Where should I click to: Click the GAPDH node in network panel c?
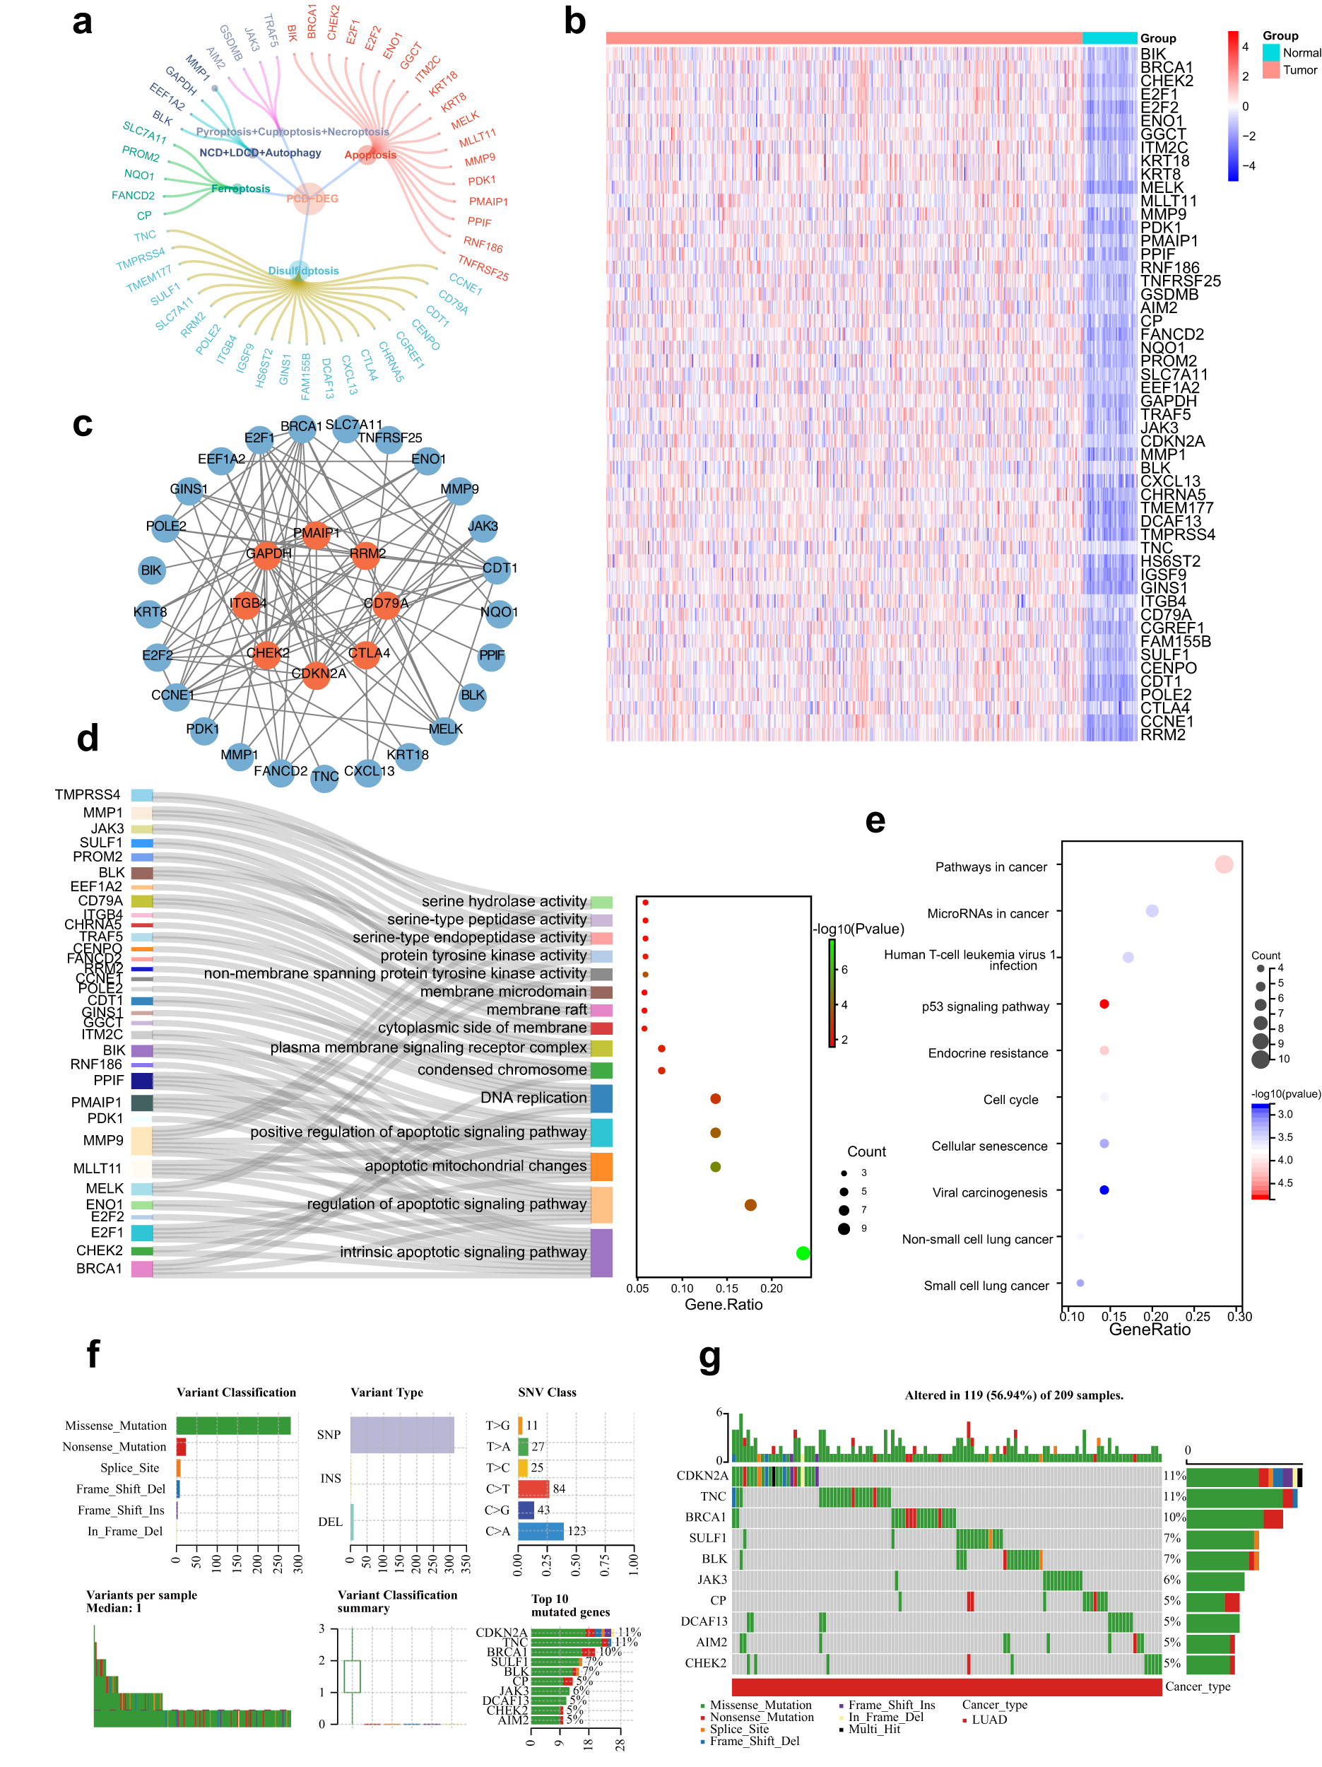[x=267, y=553]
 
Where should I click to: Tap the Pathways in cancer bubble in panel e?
[x=1223, y=864]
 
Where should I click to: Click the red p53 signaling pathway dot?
[x=1104, y=1004]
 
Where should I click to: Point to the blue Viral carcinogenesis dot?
[x=1104, y=1190]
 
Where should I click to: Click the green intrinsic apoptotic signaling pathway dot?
[x=803, y=1252]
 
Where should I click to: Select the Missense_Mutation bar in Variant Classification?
[x=233, y=1425]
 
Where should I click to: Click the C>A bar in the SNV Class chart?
[x=540, y=1530]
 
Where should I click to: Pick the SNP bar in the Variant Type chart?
[x=402, y=1435]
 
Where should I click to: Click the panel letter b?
[x=574, y=22]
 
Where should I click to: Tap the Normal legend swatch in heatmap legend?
[x=1270, y=53]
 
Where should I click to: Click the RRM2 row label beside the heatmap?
[x=1162, y=735]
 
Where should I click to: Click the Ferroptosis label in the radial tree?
[x=240, y=189]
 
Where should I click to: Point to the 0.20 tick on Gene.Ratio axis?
[x=771, y=1288]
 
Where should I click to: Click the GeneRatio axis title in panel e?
[x=1149, y=1329]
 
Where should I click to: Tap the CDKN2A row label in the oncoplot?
[x=702, y=1475]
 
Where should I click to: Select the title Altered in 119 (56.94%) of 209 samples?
[x=1013, y=1395]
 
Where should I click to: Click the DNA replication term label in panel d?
[x=533, y=1098]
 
